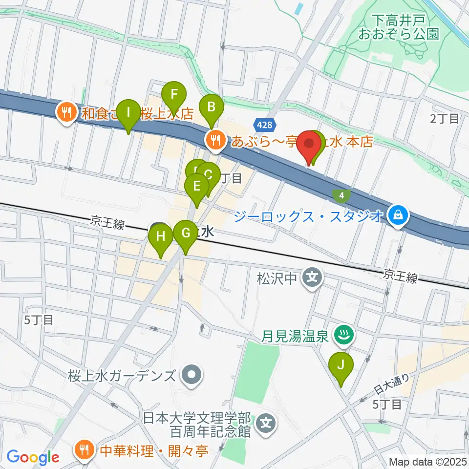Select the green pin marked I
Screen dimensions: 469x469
point(128,112)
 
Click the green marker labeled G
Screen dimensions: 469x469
point(185,233)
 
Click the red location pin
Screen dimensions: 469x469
point(309,144)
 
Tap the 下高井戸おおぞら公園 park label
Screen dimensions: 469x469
point(399,27)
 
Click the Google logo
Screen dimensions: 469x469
point(33,457)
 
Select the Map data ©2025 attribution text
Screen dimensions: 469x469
point(427,461)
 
